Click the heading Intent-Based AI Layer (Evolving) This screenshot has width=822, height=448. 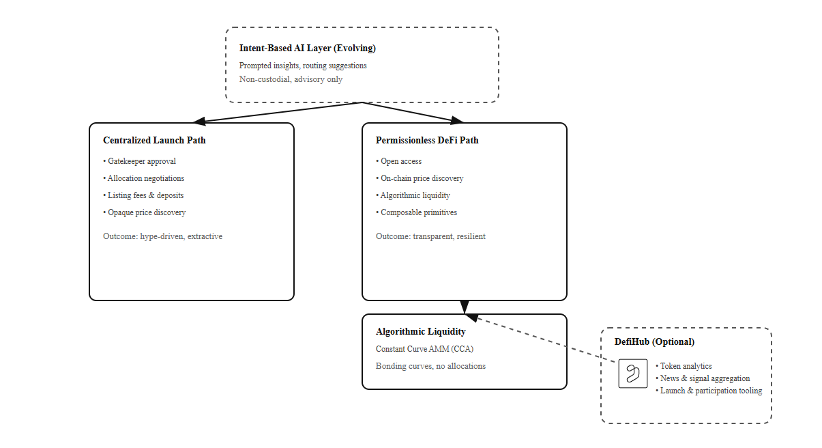coord(307,48)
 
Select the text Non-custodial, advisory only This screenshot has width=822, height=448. coord(291,79)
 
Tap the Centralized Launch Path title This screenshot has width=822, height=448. coord(154,141)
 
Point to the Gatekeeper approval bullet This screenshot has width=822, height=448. coord(141,161)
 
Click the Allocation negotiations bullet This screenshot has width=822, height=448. coord(145,178)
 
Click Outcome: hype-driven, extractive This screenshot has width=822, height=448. coord(162,236)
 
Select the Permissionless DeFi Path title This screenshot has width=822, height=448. coord(427,141)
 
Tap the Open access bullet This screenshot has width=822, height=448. coord(400,161)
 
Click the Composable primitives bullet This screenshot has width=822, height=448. coord(418,212)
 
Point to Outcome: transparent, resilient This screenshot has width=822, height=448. coord(430,236)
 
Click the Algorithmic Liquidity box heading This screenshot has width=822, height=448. coord(420,332)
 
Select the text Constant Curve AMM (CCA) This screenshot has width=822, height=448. coord(424,349)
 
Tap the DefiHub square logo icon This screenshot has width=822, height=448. coord(632,374)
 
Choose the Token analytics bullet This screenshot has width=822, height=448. coord(685,366)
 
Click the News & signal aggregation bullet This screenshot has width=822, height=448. coord(704,378)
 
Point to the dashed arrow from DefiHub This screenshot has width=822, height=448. coord(546,337)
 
